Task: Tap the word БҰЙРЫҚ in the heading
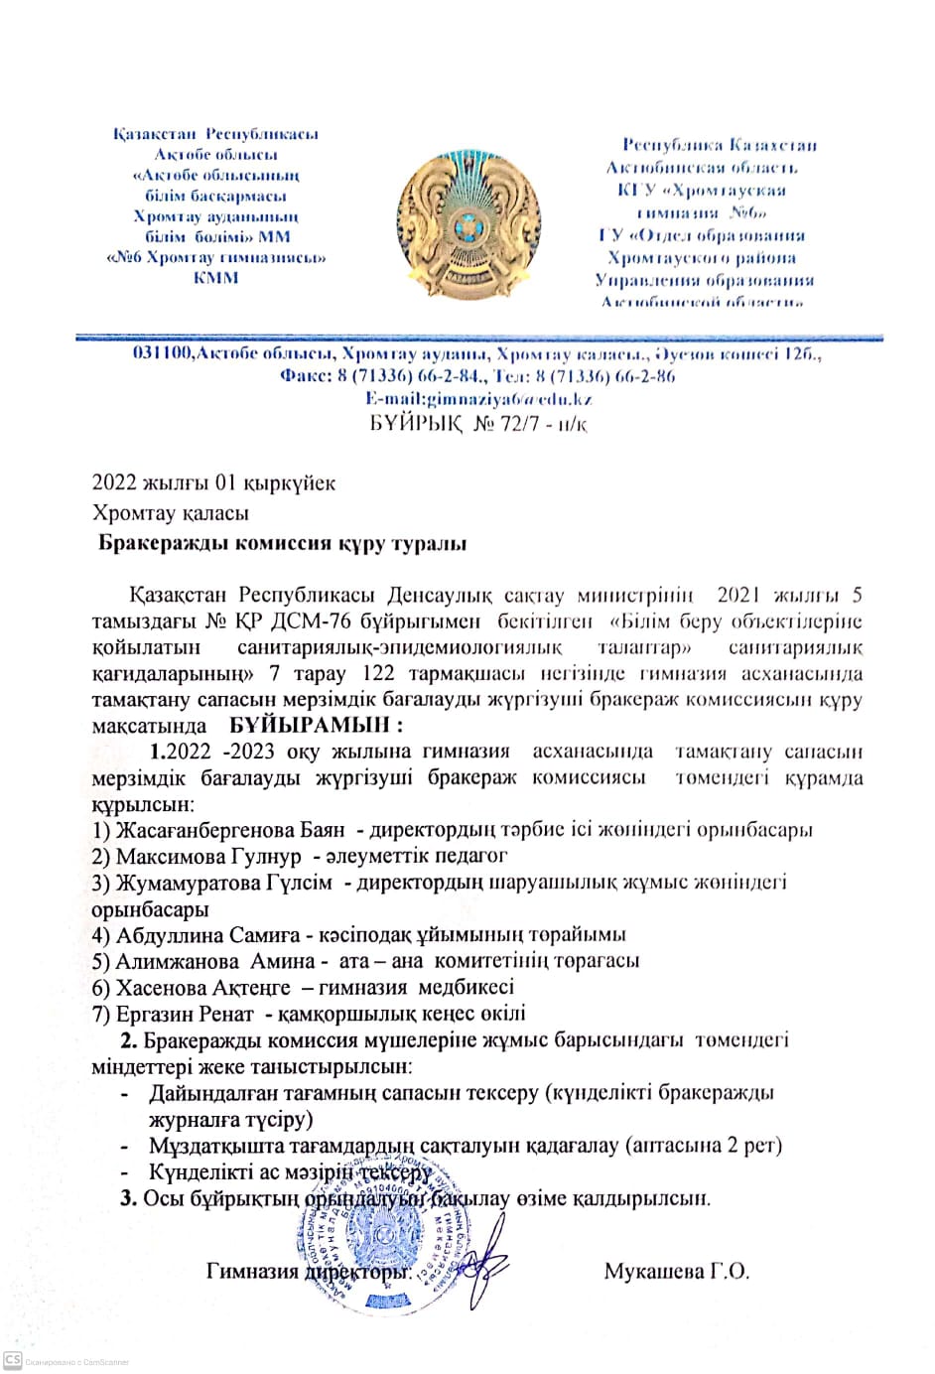click(415, 425)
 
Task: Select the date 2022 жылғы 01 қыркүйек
click(213, 483)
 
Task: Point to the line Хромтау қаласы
click(171, 513)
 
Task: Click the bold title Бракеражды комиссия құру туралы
click(283, 544)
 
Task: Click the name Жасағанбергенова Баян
click(230, 830)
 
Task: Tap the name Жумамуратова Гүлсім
click(224, 883)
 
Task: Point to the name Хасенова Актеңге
click(203, 988)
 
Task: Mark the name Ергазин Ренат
click(186, 1015)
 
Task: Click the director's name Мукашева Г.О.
click(677, 1271)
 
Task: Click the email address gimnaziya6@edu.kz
click(478, 399)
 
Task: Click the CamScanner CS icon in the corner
click(13, 1360)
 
